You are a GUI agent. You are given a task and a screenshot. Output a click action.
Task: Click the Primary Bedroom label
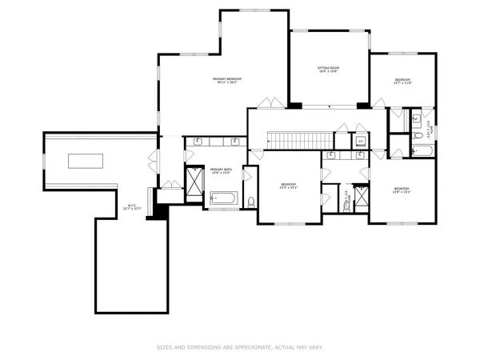click(x=227, y=80)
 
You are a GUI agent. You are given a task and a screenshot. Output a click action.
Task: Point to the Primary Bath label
click(x=221, y=171)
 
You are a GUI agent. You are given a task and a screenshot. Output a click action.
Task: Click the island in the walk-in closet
click(x=84, y=161)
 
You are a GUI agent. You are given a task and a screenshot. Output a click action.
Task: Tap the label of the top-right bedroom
click(x=402, y=81)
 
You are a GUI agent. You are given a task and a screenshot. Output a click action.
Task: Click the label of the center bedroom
click(x=288, y=186)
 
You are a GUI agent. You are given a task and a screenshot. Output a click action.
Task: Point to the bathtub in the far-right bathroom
click(x=422, y=151)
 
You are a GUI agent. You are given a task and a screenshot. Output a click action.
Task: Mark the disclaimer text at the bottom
click(x=239, y=347)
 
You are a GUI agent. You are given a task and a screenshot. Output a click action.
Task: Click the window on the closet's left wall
click(x=44, y=161)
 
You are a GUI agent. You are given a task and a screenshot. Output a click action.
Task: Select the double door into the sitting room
click(x=270, y=102)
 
